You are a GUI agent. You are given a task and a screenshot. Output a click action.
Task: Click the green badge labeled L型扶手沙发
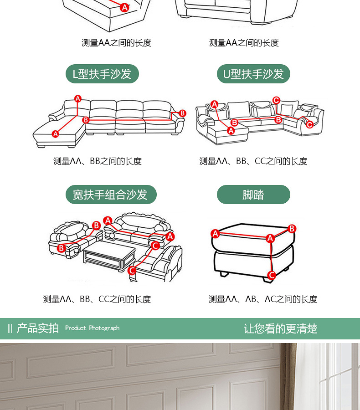coord(102,74)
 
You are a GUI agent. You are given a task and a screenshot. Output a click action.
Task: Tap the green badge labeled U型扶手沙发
coord(253,74)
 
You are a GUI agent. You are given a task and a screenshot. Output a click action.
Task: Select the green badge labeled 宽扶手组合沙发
coord(110,195)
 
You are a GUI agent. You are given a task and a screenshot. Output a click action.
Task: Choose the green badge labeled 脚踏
coord(253,195)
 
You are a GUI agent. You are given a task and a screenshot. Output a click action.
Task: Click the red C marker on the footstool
coord(272,275)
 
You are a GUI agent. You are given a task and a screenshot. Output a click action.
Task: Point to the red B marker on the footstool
coord(292,229)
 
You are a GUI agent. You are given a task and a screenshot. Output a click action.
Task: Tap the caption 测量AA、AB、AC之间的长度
coord(263,299)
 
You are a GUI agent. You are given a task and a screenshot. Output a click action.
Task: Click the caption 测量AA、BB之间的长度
coord(98,161)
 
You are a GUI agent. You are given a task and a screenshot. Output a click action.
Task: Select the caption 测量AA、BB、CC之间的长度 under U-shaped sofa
coord(253,161)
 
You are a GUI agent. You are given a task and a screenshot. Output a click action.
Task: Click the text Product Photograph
coord(92,328)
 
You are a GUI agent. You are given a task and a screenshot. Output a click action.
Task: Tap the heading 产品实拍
coord(38,328)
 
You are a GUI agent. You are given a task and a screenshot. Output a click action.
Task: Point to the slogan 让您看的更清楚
coord(280,328)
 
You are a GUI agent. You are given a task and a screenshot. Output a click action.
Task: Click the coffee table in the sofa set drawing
coord(109,258)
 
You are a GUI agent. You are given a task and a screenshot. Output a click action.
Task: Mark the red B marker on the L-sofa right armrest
coord(183,113)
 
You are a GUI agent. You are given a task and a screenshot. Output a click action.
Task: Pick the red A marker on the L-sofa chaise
coord(56,134)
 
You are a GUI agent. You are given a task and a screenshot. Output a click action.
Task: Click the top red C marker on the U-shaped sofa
coord(276,100)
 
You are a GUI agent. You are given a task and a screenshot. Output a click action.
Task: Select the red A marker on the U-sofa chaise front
coord(231,131)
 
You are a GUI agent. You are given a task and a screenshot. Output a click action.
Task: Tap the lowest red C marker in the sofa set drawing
coord(132,271)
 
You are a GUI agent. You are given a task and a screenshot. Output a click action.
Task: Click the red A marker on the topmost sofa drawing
coord(124,7)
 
